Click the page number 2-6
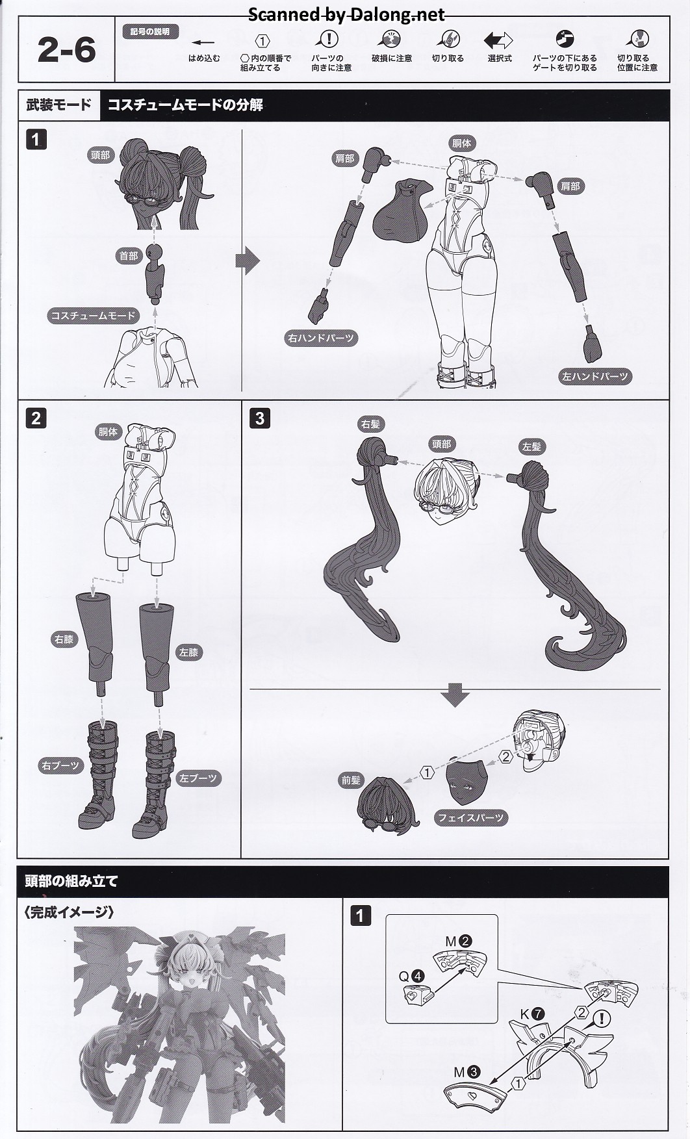(x=66, y=50)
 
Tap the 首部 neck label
(x=128, y=256)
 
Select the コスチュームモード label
(x=93, y=316)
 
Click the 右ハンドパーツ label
(x=321, y=338)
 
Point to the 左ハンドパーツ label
(x=594, y=376)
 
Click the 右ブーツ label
(x=60, y=765)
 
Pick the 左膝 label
(x=188, y=652)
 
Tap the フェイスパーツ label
(x=471, y=818)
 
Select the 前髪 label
(x=350, y=780)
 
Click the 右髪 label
(x=370, y=424)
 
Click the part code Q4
(x=411, y=976)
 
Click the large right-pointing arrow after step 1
(x=248, y=261)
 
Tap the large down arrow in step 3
(x=455, y=695)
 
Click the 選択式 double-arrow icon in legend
(x=498, y=41)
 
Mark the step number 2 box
(x=36, y=418)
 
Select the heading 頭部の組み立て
(x=71, y=882)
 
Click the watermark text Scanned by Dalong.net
(x=346, y=14)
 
